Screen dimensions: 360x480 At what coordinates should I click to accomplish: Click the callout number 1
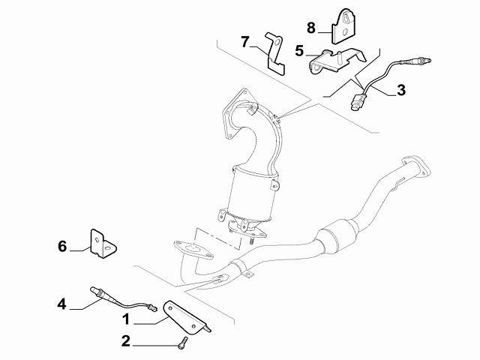point(127,319)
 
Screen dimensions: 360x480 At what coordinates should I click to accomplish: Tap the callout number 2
point(127,342)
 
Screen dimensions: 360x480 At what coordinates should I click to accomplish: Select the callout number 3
point(400,91)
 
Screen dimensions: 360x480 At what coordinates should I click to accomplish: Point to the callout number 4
point(62,304)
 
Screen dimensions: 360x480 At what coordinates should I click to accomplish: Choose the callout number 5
point(299,52)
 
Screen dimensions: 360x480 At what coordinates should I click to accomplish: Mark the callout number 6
point(62,245)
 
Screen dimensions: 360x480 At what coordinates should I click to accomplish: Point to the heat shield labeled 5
point(335,59)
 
